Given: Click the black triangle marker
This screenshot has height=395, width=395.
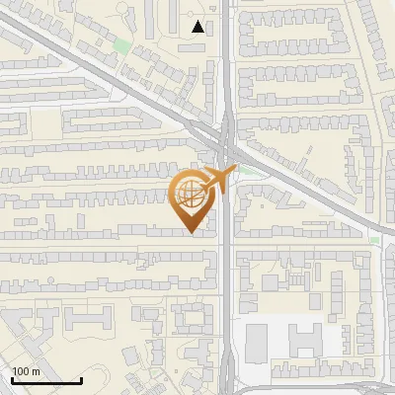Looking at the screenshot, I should (x=199, y=27).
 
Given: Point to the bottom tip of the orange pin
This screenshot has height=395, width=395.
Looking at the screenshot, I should (x=191, y=233).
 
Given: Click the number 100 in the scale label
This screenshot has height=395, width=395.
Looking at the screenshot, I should (x=21, y=371).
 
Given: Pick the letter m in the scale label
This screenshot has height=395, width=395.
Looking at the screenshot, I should (x=36, y=371).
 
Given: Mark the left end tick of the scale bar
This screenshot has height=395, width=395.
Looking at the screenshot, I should (x=12, y=380).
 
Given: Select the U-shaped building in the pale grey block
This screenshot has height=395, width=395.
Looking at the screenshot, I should (x=305, y=341).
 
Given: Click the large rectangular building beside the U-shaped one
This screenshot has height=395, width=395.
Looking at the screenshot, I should (x=257, y=341).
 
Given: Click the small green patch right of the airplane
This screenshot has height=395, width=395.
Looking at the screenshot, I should (x=259, y=170).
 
